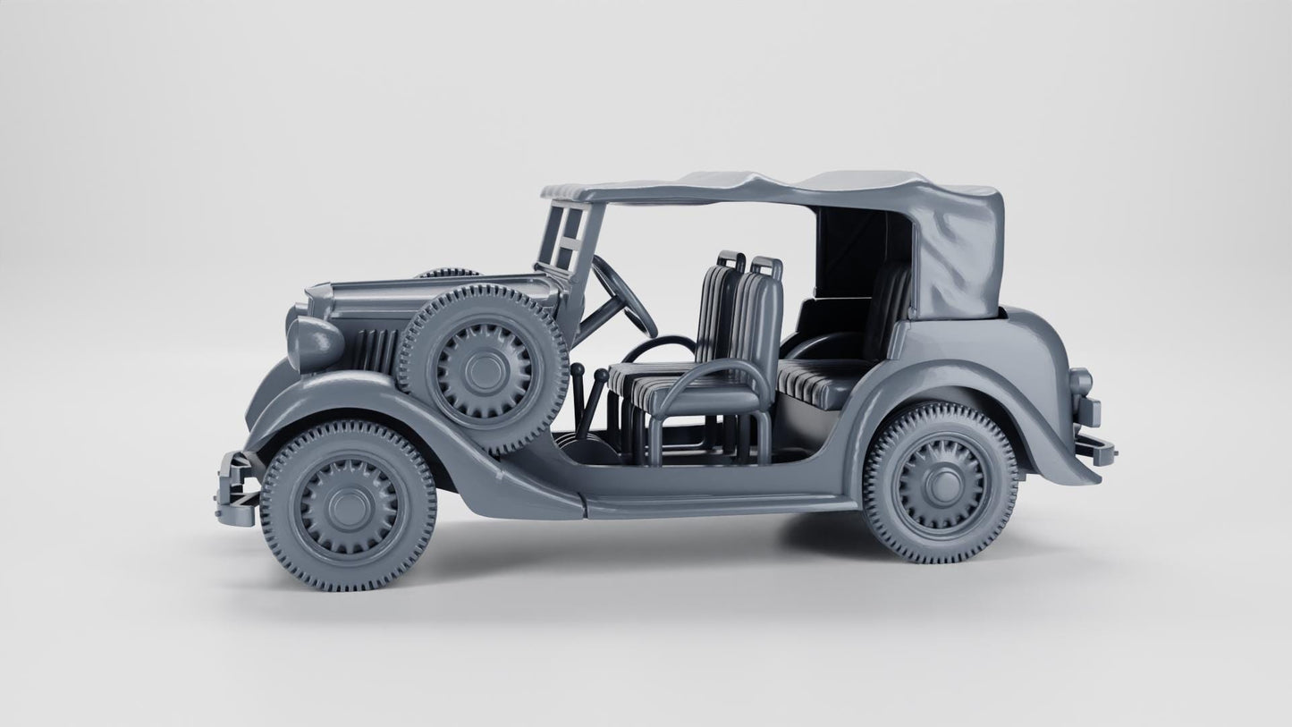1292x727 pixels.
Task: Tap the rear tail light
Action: point(1080,382)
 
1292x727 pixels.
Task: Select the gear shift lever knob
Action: point(577,370)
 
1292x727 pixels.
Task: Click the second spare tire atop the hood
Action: point(447,273)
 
